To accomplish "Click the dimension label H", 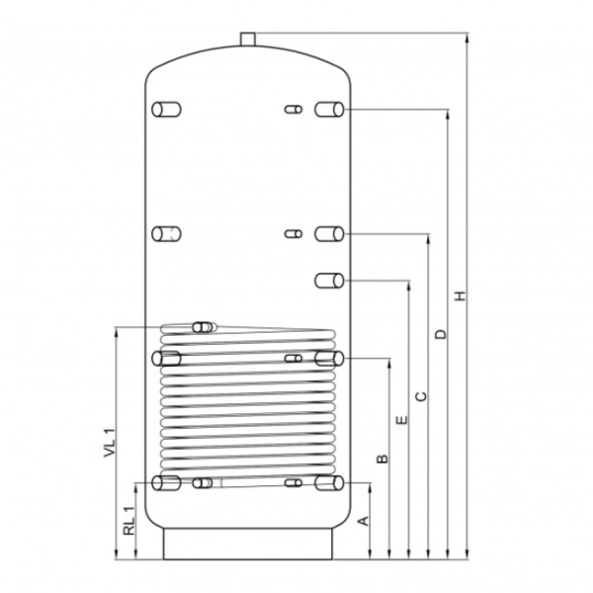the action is [x=461, y=296].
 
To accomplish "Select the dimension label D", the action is [x=441, y=334].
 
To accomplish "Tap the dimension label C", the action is [x=421, y=396].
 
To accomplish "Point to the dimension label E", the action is [x=402, y=420].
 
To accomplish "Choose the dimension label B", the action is [x=382, y=459].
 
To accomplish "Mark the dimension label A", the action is [x=364, y=521].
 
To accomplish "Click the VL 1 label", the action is [x=109, y=443].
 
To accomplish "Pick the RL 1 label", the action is [x=128, y=521].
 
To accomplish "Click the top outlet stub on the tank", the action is [x=248, y=40].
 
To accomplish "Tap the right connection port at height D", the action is [x=329, y=110].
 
